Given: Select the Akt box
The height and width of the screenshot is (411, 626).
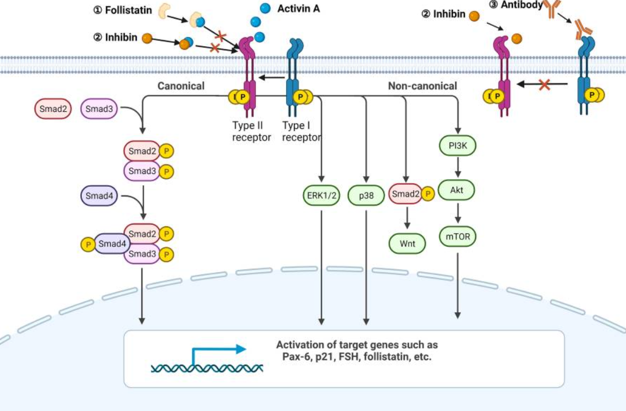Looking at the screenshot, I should [x=457, y=190].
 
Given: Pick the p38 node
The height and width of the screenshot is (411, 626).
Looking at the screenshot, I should [x=367, y=195].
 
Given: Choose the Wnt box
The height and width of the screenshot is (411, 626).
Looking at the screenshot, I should [x=407, y=243].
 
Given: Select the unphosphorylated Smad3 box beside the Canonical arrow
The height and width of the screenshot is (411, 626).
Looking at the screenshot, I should [x=100, y=108].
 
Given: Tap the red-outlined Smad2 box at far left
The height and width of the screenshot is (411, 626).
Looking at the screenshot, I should [x=53, y=108].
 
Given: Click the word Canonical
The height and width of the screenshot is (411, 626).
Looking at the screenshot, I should [x=180, y=86].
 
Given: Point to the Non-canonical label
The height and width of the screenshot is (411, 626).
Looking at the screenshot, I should [x=422, y=86].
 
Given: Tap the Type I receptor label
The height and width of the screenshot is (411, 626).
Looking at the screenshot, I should [x=301, y=131].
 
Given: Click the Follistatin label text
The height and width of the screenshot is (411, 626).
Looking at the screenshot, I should [x=128, y=10].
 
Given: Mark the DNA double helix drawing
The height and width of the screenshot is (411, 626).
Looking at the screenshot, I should [x=207, y=368].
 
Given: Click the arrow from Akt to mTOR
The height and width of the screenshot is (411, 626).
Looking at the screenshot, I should [x=457, y=213].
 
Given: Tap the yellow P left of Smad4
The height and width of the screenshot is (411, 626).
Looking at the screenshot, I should [x=87, y=244].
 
